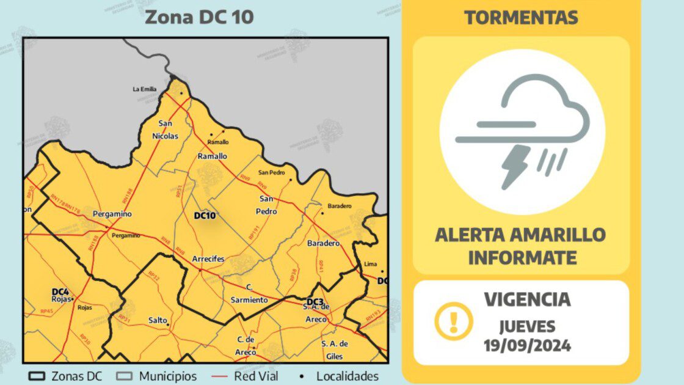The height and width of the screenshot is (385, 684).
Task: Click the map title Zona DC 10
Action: pos(198,17)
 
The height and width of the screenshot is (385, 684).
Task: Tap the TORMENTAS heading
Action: pos(520,17)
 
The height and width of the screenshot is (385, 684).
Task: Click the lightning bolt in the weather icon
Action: pos(515,166)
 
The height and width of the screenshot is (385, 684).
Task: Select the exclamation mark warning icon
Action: pos(453,320)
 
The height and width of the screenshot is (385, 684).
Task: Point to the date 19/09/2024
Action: pos(527,345)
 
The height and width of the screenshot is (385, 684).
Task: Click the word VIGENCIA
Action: pos(527,299)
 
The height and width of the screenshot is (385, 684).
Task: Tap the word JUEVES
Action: pos(527,326)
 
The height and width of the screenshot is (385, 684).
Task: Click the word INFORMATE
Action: pos(522,257)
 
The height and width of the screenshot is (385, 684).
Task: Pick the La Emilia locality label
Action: pos(145,89)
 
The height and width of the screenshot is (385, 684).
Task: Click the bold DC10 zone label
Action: pos(205,216)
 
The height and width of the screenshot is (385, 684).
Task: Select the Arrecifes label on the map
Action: pos(208,259)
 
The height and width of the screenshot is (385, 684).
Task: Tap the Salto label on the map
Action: pos(158,320)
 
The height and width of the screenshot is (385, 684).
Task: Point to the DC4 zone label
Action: pos(60,291)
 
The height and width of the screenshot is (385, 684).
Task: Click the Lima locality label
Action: pos(370,264)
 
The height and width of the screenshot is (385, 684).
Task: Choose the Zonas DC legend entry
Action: pos(65,376)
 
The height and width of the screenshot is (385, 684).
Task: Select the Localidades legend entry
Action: pos(342,376)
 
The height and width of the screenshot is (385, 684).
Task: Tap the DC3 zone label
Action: pos(315,302)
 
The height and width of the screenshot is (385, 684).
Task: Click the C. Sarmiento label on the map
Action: pos(249,294)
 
